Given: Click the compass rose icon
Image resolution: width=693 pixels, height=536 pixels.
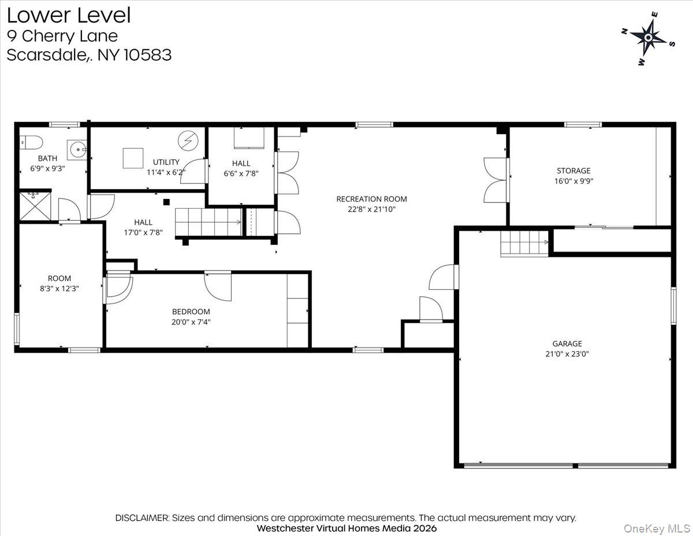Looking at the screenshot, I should coord(648,38).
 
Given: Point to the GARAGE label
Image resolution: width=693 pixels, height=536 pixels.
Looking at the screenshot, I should coord(567,343).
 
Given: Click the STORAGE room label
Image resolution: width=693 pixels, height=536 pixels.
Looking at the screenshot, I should coord(573,171).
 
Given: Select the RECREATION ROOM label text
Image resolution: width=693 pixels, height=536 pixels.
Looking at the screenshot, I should coord(367,199).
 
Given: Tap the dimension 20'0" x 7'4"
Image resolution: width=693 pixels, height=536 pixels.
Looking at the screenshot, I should coord(191,322).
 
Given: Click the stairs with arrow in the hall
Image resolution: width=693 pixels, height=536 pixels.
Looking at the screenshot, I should coord(208,223).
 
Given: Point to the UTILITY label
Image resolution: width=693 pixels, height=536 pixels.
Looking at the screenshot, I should coord(166,162).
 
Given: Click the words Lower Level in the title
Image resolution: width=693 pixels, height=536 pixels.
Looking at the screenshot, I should coord(69,16).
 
